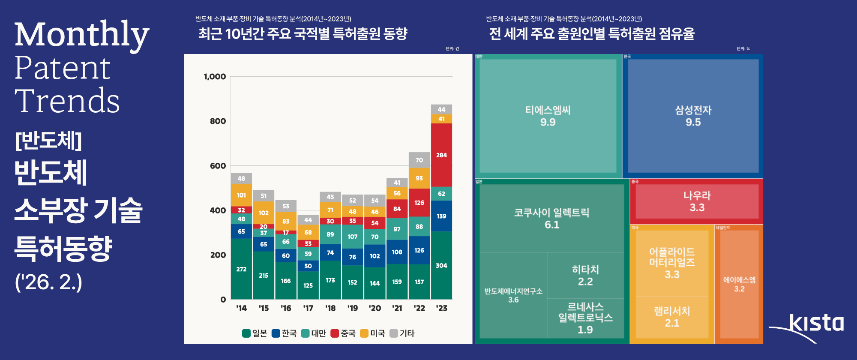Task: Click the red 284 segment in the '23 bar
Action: tap(441, 155)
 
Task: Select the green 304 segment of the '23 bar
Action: tap(441, 265)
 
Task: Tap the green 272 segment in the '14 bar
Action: tap(241, 269)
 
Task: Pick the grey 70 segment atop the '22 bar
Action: tap(419, 160)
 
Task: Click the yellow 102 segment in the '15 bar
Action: tap(264, 213)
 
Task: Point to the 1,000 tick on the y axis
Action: tap(215, 77)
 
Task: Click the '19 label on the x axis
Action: tap(352, 308)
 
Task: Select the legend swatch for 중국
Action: tap(335, 333)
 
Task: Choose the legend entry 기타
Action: tap(402, 333)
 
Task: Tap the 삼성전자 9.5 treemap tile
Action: tap(693, 116)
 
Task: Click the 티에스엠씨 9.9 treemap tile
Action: tap(548, 116)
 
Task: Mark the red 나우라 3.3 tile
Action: tap(697, 201)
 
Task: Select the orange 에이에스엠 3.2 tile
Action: tap(739, 284)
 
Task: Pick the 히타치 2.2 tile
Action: tap(585, 275)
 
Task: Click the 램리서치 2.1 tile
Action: tap(672, 317)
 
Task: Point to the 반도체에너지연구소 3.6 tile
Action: tap(513, 295)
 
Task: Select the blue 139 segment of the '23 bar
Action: tap(441, 216)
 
